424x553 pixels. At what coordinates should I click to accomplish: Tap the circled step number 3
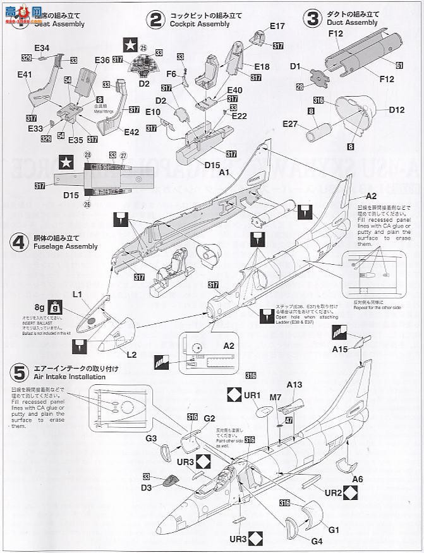click(x=312, y=18)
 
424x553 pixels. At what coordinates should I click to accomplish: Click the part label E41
click(x=25, y=75)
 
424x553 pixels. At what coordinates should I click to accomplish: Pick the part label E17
click(x=277, y=26)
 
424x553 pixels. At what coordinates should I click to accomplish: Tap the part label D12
click(x=397, y=110)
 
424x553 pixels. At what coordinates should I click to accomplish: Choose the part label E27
click(x=291, y=123)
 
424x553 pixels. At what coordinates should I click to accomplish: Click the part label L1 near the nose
click(x=78, y=295)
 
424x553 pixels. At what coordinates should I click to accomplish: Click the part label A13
click(x=294, y=384)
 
